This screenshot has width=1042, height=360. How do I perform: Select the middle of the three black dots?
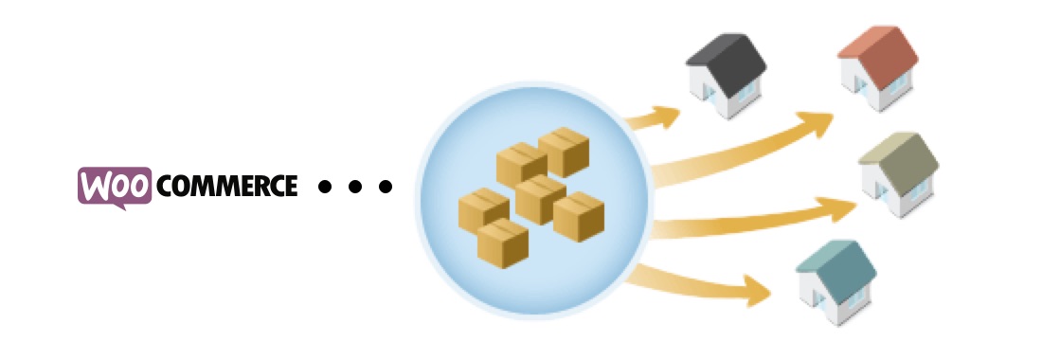click(x=354, y=187)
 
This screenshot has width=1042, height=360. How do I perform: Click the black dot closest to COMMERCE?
click(x=325, y=187)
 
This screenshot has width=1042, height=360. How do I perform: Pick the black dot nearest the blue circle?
click(x=384, y=187)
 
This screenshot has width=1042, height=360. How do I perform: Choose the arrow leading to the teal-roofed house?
click(x=710, y=284)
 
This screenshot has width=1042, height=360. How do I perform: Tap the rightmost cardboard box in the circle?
click(x=579, y=217)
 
